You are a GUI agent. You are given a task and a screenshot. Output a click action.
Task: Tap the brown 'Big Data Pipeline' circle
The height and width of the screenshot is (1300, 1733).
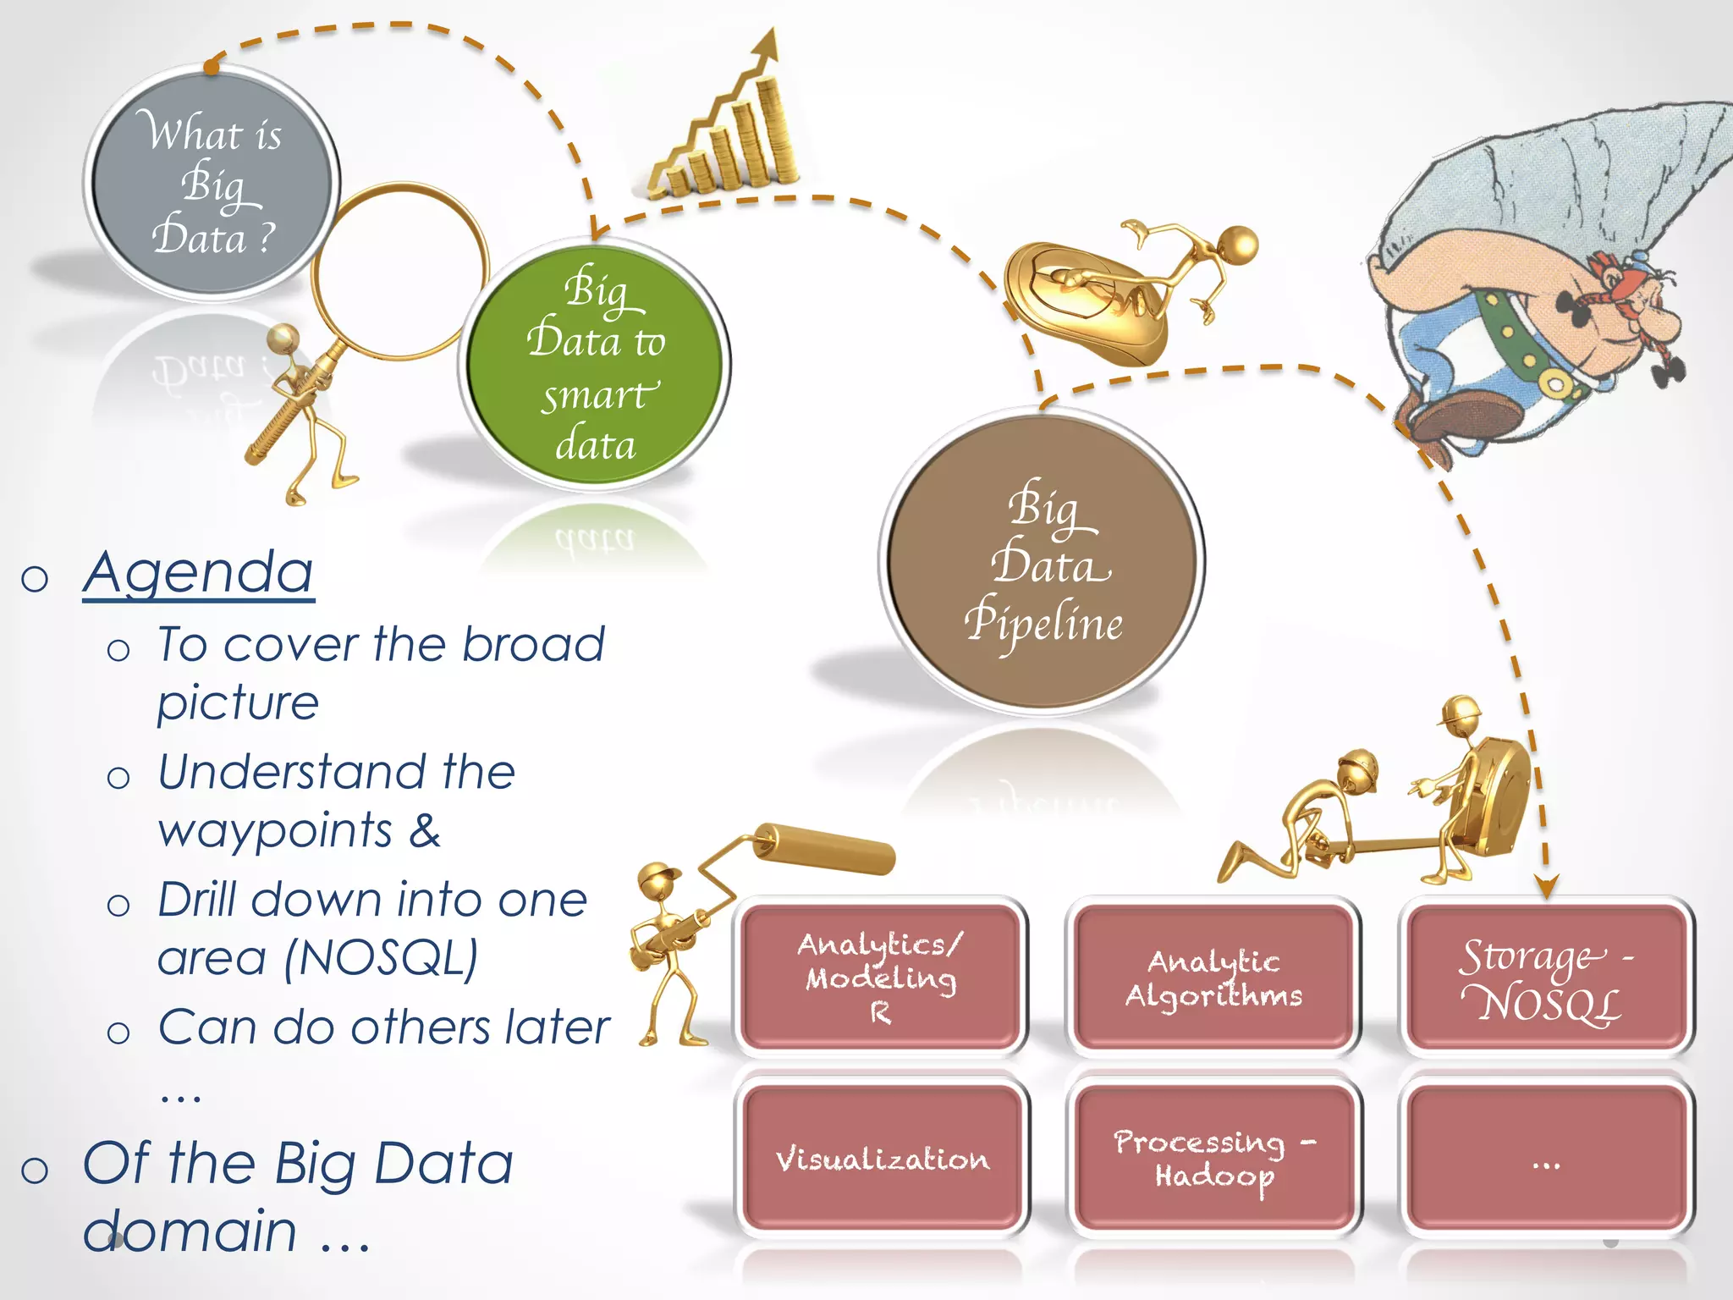(x=1043, y=562)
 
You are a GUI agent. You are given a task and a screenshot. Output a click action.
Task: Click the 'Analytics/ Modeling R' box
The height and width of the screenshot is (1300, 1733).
(x=880, y=977)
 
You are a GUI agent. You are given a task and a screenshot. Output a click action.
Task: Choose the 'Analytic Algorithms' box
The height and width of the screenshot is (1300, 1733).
(x=1213, y=977)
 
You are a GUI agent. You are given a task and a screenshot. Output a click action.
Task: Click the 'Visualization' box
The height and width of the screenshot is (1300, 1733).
(x=882, y=1158)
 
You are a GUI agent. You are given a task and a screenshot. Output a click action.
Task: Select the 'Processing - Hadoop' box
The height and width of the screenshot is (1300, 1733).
(x=1214, y=1158)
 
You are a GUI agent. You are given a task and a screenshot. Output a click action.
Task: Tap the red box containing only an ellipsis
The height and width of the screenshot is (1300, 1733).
(x=1546, y=1158)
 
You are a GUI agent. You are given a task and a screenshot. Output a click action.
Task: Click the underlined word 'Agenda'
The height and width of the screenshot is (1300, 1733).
(x=199, y=573)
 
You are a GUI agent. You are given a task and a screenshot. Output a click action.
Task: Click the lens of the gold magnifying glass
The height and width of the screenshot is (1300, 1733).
(x=399, y=271)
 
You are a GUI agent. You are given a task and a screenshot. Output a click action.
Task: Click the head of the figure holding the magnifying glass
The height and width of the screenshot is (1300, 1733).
(x=283, y=339)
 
